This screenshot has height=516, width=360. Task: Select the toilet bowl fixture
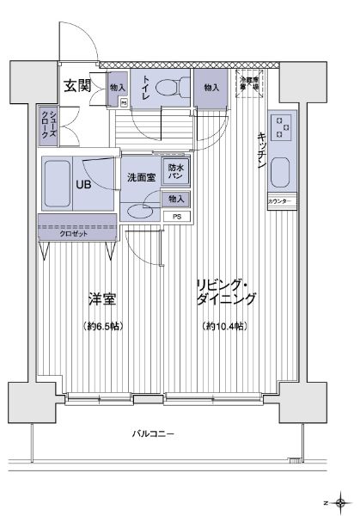point(177,89)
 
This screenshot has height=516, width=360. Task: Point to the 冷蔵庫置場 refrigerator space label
point(248,84)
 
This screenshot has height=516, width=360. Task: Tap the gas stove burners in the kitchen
point(282,128)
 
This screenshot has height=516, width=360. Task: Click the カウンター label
point(281,201)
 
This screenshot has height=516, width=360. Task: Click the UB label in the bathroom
point(84,184)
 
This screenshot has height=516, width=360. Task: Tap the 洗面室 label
point(141,177)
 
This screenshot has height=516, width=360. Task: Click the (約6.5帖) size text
point(103,326)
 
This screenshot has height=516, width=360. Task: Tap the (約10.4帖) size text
point(225,326)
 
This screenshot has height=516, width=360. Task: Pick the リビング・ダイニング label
point(225,292)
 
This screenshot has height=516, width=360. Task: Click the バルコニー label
point(153,434)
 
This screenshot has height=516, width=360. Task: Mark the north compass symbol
point(341,501)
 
